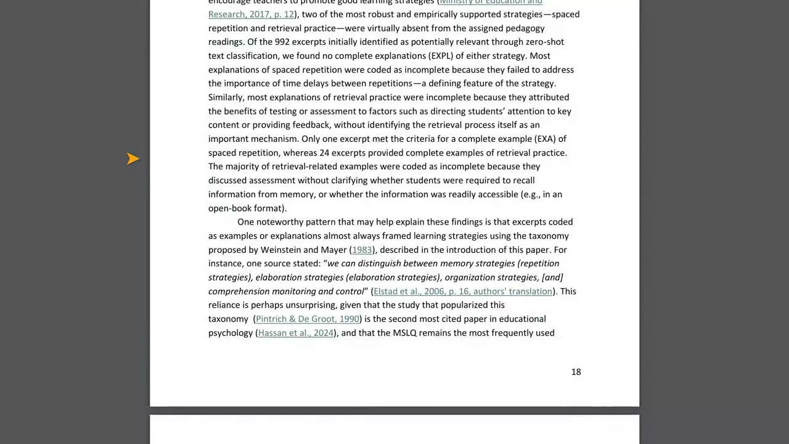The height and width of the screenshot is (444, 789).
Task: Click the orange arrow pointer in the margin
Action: [133, 159]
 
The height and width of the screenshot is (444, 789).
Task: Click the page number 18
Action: [576, 372]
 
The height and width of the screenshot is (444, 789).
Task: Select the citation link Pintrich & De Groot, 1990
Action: [308, 319]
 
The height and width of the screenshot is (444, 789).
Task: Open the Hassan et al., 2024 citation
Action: [296, 333]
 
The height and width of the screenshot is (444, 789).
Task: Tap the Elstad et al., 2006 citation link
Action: [463, 292]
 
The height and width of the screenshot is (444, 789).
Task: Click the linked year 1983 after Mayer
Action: [362, 250]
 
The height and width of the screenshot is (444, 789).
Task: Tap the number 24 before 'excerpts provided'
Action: [324, 153]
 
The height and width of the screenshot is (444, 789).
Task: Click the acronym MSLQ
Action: [406, 333]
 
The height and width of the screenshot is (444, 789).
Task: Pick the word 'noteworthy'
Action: [279, 222]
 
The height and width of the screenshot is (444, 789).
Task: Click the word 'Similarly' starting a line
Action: [226, 97]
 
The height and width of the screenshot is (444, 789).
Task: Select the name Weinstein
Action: [280, 250]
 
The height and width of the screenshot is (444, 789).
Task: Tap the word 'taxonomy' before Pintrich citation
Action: [228, 319]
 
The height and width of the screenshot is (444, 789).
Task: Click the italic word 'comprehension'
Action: [239, 292]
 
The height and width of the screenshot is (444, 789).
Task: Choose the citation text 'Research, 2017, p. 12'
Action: [251, 14]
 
